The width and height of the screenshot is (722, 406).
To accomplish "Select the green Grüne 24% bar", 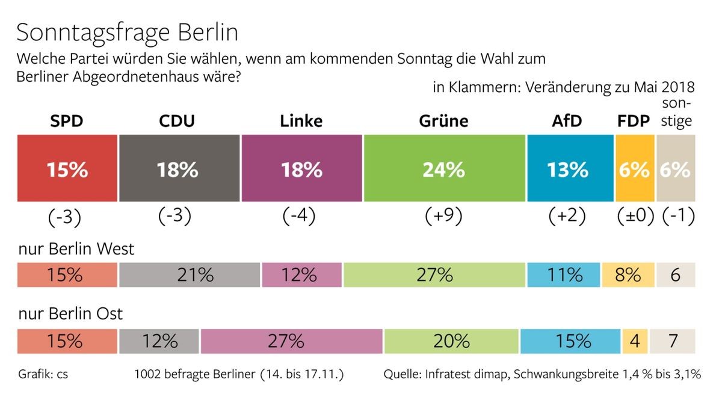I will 444,168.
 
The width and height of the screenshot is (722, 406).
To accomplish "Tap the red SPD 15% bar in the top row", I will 67,168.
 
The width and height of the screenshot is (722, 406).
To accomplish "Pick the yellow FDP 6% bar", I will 634,168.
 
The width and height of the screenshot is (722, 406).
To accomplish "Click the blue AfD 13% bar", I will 570,168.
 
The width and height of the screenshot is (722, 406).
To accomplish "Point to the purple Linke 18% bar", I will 301,168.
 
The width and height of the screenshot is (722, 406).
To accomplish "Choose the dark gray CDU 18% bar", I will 179,168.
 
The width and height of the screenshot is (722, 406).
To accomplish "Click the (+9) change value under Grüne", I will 443,217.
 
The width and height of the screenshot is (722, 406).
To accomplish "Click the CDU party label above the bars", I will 177,121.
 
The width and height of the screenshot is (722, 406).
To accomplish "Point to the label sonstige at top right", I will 676,112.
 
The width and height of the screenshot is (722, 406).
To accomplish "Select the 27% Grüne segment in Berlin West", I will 434,275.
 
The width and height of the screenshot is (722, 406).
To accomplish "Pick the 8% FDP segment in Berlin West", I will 628,275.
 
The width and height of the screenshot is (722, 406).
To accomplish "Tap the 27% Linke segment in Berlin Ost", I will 291,342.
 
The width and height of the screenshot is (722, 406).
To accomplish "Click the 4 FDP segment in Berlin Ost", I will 634,342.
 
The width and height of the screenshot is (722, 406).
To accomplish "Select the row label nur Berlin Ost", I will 70,314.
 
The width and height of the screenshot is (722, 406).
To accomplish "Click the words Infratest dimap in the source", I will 465,375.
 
